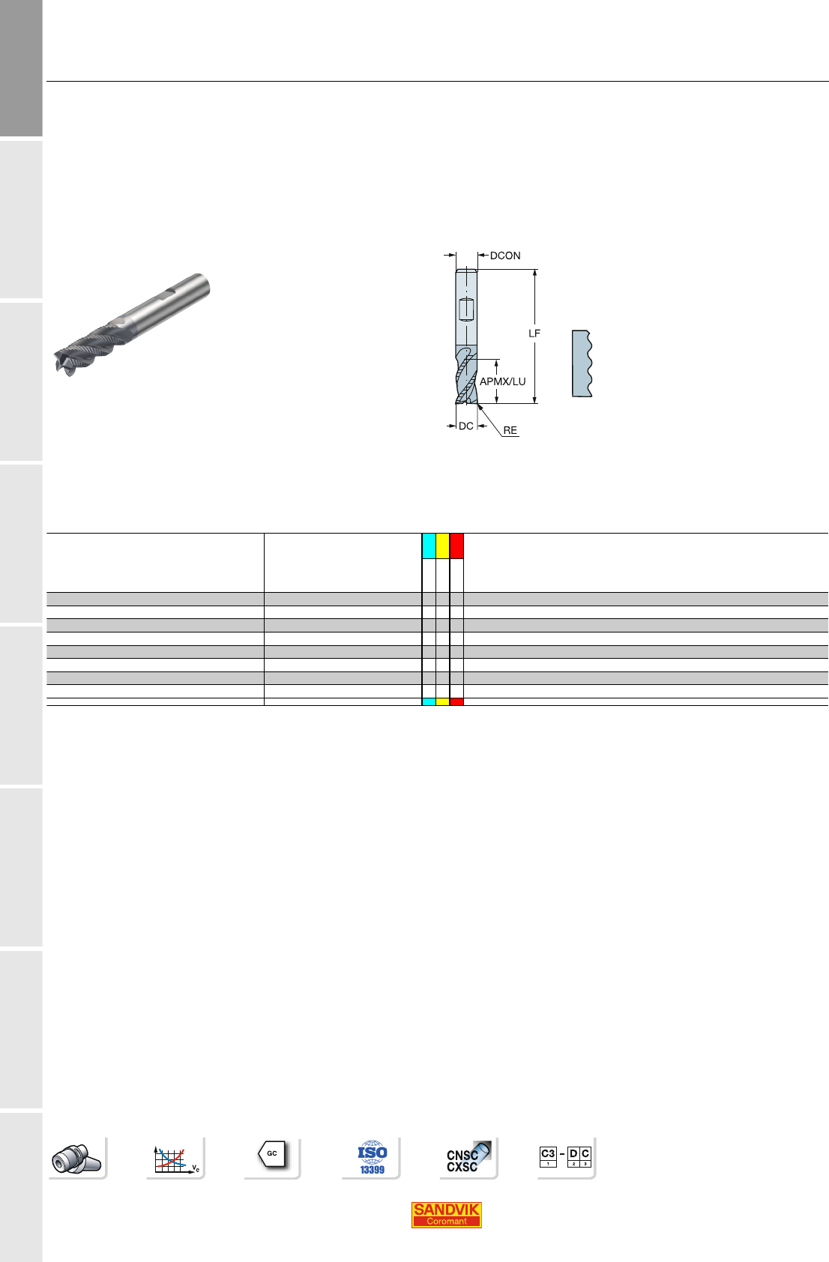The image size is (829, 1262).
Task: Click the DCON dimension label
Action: [505, 256]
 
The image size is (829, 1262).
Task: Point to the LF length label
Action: [534, 333]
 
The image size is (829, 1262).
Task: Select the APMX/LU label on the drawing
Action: [503, 381]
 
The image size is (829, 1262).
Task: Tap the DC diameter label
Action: [466, 426]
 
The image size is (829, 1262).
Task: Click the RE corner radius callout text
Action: [510, 430]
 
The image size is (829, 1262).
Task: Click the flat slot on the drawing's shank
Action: [466, 310]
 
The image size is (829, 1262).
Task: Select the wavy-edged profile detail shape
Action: [582, 363]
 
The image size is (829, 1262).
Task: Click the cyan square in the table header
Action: [429, 546]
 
